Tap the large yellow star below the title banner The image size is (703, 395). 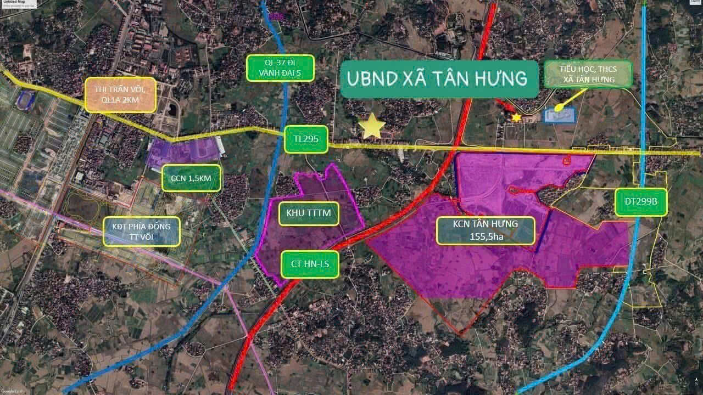click(372, 127)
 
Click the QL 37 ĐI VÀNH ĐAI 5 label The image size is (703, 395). click(280, 68)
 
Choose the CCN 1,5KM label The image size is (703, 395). click(192, 178)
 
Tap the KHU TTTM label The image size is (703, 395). click(308, 213)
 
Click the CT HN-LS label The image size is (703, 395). click(310, 265)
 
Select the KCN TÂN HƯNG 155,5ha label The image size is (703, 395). click(485, 230)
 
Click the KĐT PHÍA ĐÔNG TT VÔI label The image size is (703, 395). click(142, 232)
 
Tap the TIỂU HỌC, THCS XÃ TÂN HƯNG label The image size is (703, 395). click(588, 74)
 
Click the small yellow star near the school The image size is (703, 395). click(516, 117)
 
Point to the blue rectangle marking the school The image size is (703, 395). click(559, 115)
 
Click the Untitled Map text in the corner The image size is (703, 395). click(13, 2)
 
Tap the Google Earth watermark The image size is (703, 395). click(12, 391)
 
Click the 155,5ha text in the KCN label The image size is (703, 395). click(485, 236)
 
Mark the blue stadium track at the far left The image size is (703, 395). click(25, 99)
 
